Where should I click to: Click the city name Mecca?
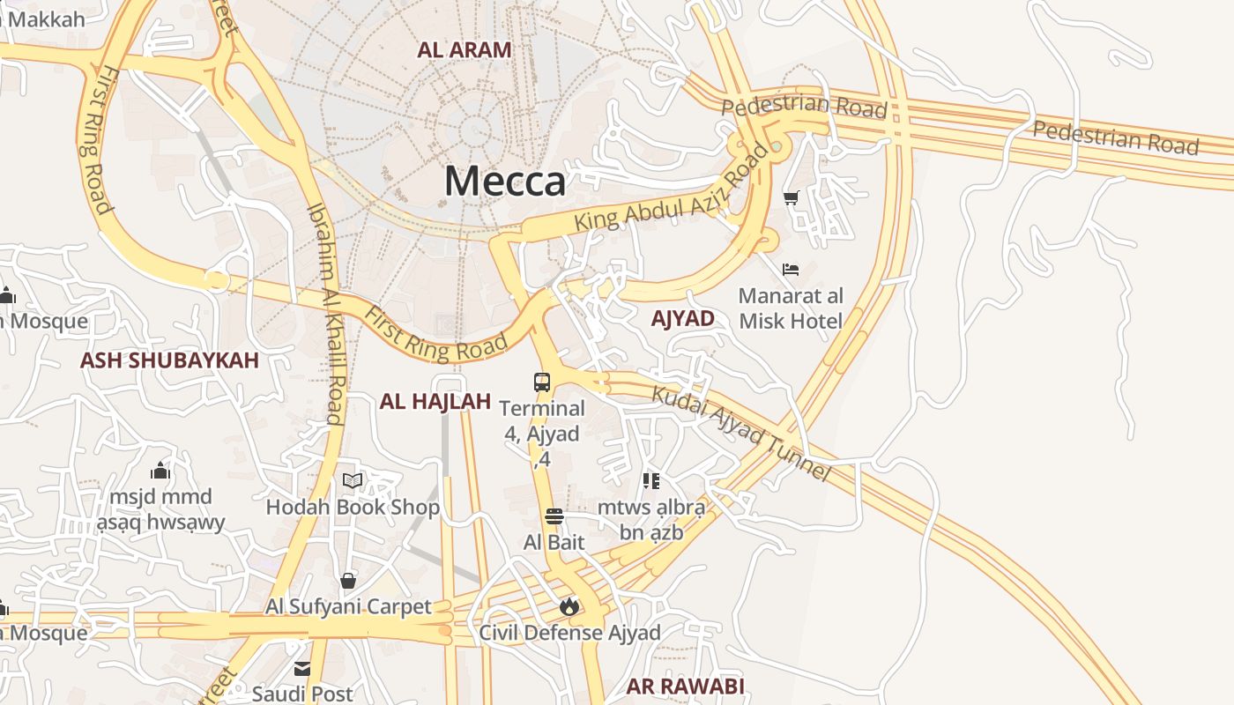coord(505,181)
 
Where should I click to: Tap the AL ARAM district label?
coord(465,50)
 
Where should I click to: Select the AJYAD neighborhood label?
coord(682,319)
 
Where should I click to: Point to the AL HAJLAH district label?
coord(435,402)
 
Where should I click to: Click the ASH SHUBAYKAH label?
coord(169,360)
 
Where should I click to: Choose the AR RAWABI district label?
coord(685,686)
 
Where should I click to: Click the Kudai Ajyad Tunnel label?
coord(741,433)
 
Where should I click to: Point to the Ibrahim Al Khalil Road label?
coord(325,313)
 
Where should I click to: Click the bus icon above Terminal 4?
coord(542,382)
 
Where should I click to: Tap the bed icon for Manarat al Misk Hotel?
coord(791,270)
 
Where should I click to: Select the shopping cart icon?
coord(791,197)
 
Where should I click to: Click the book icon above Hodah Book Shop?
coord(353,480)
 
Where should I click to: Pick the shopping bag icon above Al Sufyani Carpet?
coord(348,581)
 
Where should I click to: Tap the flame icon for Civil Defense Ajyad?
coord(569,606)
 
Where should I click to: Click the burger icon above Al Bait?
coord(554,516)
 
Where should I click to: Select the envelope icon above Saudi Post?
coord(302,669)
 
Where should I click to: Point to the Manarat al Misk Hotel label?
coord(791,308)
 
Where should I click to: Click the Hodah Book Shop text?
coord(353,508)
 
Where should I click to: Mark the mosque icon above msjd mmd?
coord(160,470)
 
